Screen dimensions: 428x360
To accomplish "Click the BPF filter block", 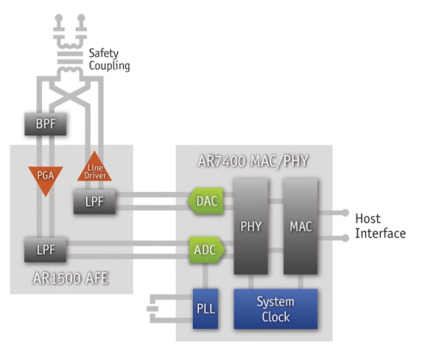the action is tap(46, 124).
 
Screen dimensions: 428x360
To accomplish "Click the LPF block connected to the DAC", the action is tap(95, 202).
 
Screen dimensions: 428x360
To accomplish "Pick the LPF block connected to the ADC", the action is tap(46, 250).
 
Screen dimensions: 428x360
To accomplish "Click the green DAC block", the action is tap(206, 201).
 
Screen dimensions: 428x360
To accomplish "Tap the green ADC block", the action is tap(207, 250).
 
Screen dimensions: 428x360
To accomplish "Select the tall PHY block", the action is tap(251, 227).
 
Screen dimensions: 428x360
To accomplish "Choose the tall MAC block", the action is tap(301, 227).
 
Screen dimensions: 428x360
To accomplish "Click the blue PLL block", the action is tap(206, 308).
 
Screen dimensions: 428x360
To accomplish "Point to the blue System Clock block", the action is tap(276, 308).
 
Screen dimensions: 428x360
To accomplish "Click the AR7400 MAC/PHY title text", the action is tap(253, 161).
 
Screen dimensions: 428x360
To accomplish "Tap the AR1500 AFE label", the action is tap(71, 278).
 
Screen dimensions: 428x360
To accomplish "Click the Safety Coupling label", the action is tap(109, 59).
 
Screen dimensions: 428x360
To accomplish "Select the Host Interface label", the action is tap(381, 226).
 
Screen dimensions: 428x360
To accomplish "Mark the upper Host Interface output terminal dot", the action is tap(345, 213).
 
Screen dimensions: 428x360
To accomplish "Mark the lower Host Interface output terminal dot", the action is tap(345, 238).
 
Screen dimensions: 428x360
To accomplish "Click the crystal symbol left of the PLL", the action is tap(152, 308).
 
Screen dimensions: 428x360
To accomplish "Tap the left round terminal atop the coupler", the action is tap(59, 18).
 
